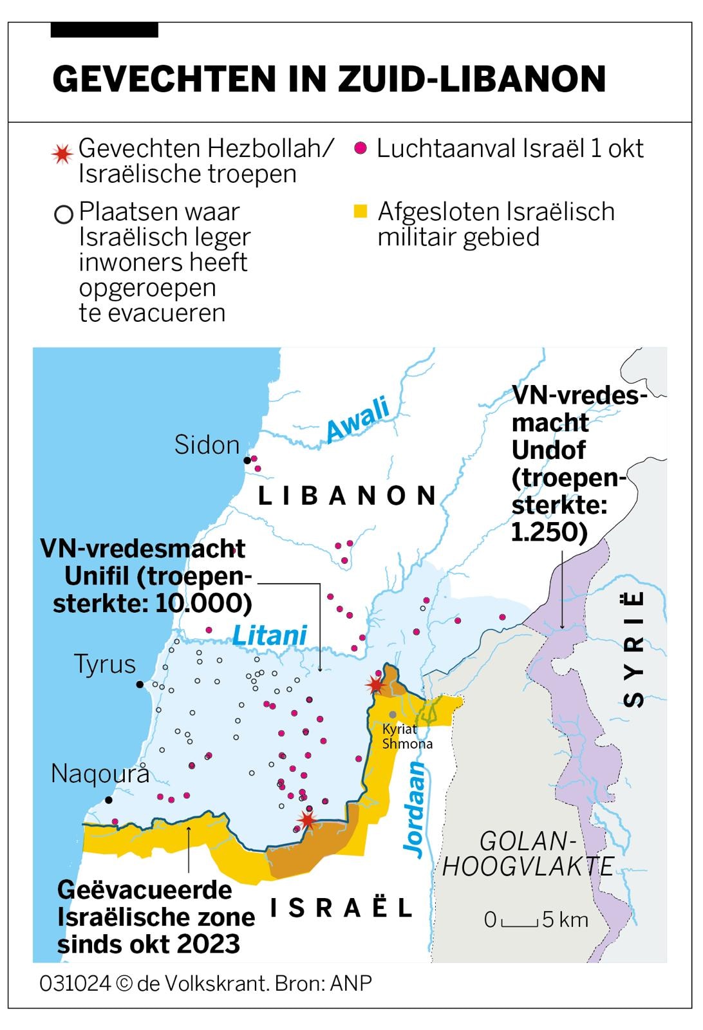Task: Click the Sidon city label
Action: click(x=207, y=445)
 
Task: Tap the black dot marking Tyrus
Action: click(x=140, y=684)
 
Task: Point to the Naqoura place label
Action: click(x=100, y=773)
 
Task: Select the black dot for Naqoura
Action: click(x=109, y=800)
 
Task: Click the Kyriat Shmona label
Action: click(x=406, y=736)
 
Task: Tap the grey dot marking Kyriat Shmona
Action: click(x=393, y=715)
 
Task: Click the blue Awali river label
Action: click(x=358, y=420)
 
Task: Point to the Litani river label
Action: click(x=269, y=635)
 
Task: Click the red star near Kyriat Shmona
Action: click(x=375, y=684)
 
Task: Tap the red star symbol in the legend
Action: click(x=62, y=154)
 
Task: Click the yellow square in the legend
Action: click(x=361, y=211)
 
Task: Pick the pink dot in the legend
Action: click(x=361, y=149)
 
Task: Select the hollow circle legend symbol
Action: click(x=64, y=214)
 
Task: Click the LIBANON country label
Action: click(x=348, y=496)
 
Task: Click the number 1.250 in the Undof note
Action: click(x=548, y=532)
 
